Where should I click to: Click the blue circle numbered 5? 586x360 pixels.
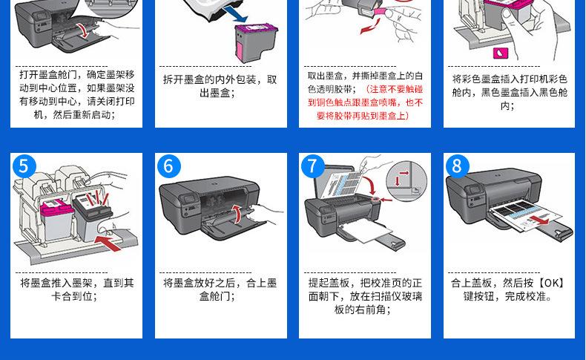click(x=24, y=166)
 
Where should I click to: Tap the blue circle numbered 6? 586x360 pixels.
click(x=168, y=166)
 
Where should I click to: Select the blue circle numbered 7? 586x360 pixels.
click(x=312, y=166)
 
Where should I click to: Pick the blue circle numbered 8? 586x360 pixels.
click(x=457, y=166)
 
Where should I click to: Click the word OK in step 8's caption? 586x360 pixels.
click(x=551, y=283)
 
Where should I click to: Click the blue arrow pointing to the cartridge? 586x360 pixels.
click(x=237, y=14)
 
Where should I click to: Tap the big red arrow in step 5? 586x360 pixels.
click(x=108, y=242)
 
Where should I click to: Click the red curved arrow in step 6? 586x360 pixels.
click(x=237, y=214)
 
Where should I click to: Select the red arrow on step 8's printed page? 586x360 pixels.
click(x=540, y=221)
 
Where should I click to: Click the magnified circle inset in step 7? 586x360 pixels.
click(x=406, y=181)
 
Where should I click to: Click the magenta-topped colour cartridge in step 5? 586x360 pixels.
click(x=56, y=220)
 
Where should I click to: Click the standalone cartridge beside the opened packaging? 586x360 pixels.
click(x=256, y=43)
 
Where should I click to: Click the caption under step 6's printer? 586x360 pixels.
click(x=220, y=289)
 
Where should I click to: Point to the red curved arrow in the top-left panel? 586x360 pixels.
click(x=84, y=30)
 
